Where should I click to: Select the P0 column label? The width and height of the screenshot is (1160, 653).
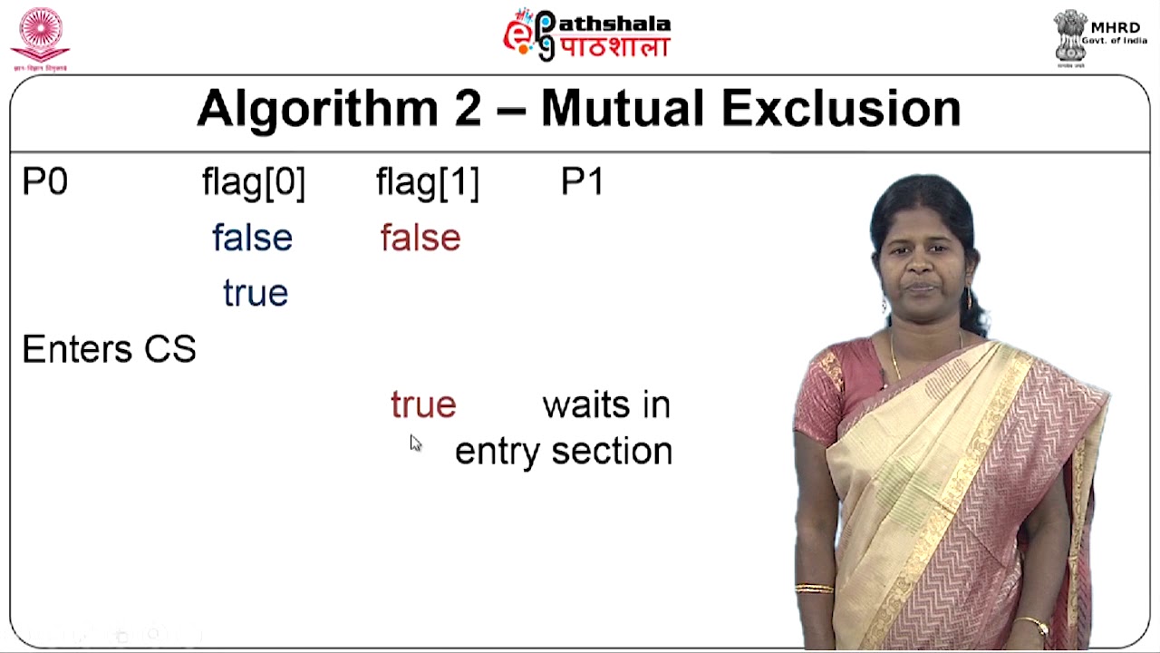point(44,182)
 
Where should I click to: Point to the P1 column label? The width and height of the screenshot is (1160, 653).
point(582,182)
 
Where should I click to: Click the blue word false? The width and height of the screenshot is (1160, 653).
point(252,239)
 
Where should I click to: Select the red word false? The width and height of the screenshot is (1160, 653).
point(420,239)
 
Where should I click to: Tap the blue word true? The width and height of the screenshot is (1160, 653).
point(256,294)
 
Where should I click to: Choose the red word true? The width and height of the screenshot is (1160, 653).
point(423,404)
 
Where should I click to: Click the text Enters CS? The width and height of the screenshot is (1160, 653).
point(109,349)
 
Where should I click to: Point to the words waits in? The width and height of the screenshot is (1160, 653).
point(606,404)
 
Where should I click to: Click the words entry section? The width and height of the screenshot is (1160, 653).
point(563,451)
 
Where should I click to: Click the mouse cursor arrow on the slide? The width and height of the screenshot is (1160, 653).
point(414,442)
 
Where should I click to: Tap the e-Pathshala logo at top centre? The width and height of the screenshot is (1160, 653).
point(586,34)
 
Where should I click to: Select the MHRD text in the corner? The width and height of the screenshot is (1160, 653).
point(1116,28)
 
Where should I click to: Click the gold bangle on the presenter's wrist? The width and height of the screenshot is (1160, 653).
point(815,589)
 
